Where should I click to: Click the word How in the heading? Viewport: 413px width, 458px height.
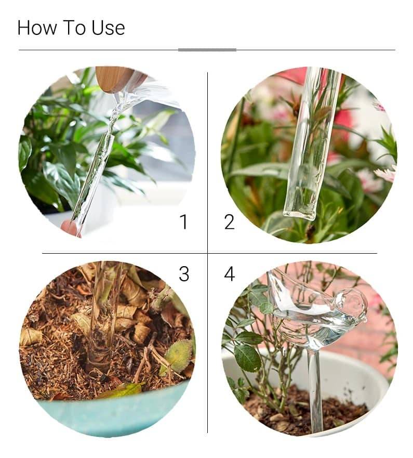[x=37, y=28]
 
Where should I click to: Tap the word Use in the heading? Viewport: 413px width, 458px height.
[x=108, y=28]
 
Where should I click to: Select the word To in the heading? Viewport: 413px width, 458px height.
[x=74, y=28]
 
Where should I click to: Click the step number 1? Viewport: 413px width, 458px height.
[x=184, y=221]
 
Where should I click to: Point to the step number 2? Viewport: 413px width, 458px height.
[x=230, y=221]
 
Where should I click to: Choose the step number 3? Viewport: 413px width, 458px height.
[x=184, y=274]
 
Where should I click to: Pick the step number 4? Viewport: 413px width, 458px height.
[x=230, y=274]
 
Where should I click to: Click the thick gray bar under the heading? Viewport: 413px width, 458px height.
[x=207, y=50]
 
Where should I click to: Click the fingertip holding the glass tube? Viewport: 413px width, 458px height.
[x=68, y=227]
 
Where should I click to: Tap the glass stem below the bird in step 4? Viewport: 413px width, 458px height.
[x=315, y=391]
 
